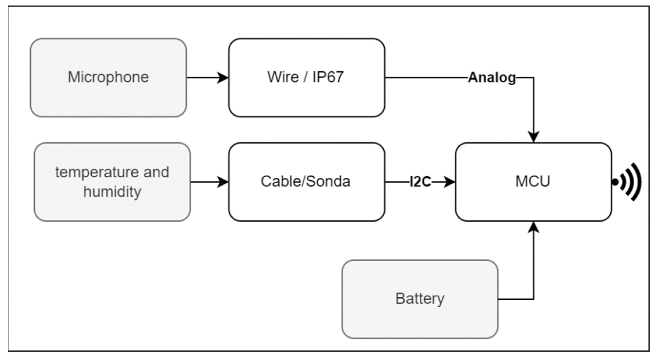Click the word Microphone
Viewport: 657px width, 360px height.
[108, 77]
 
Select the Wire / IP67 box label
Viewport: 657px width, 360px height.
[305, 77]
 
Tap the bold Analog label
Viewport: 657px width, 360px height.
[492, 78]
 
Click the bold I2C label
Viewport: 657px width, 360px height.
[420, 182]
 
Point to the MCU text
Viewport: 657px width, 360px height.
[533, 181]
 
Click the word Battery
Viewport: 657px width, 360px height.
[420, 299]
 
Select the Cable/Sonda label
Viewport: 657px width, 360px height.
[305, 181]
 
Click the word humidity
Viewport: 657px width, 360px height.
[112, 192]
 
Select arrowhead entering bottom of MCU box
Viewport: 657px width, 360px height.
[534, 227]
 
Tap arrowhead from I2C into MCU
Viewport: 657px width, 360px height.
[450, 182]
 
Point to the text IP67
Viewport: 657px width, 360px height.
[328, 77]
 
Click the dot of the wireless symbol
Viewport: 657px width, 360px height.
[615, 182]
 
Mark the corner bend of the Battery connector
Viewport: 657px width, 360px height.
[534, 299]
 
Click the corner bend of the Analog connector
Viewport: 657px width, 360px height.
[534, 78]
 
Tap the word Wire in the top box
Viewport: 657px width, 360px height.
[283, 77]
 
